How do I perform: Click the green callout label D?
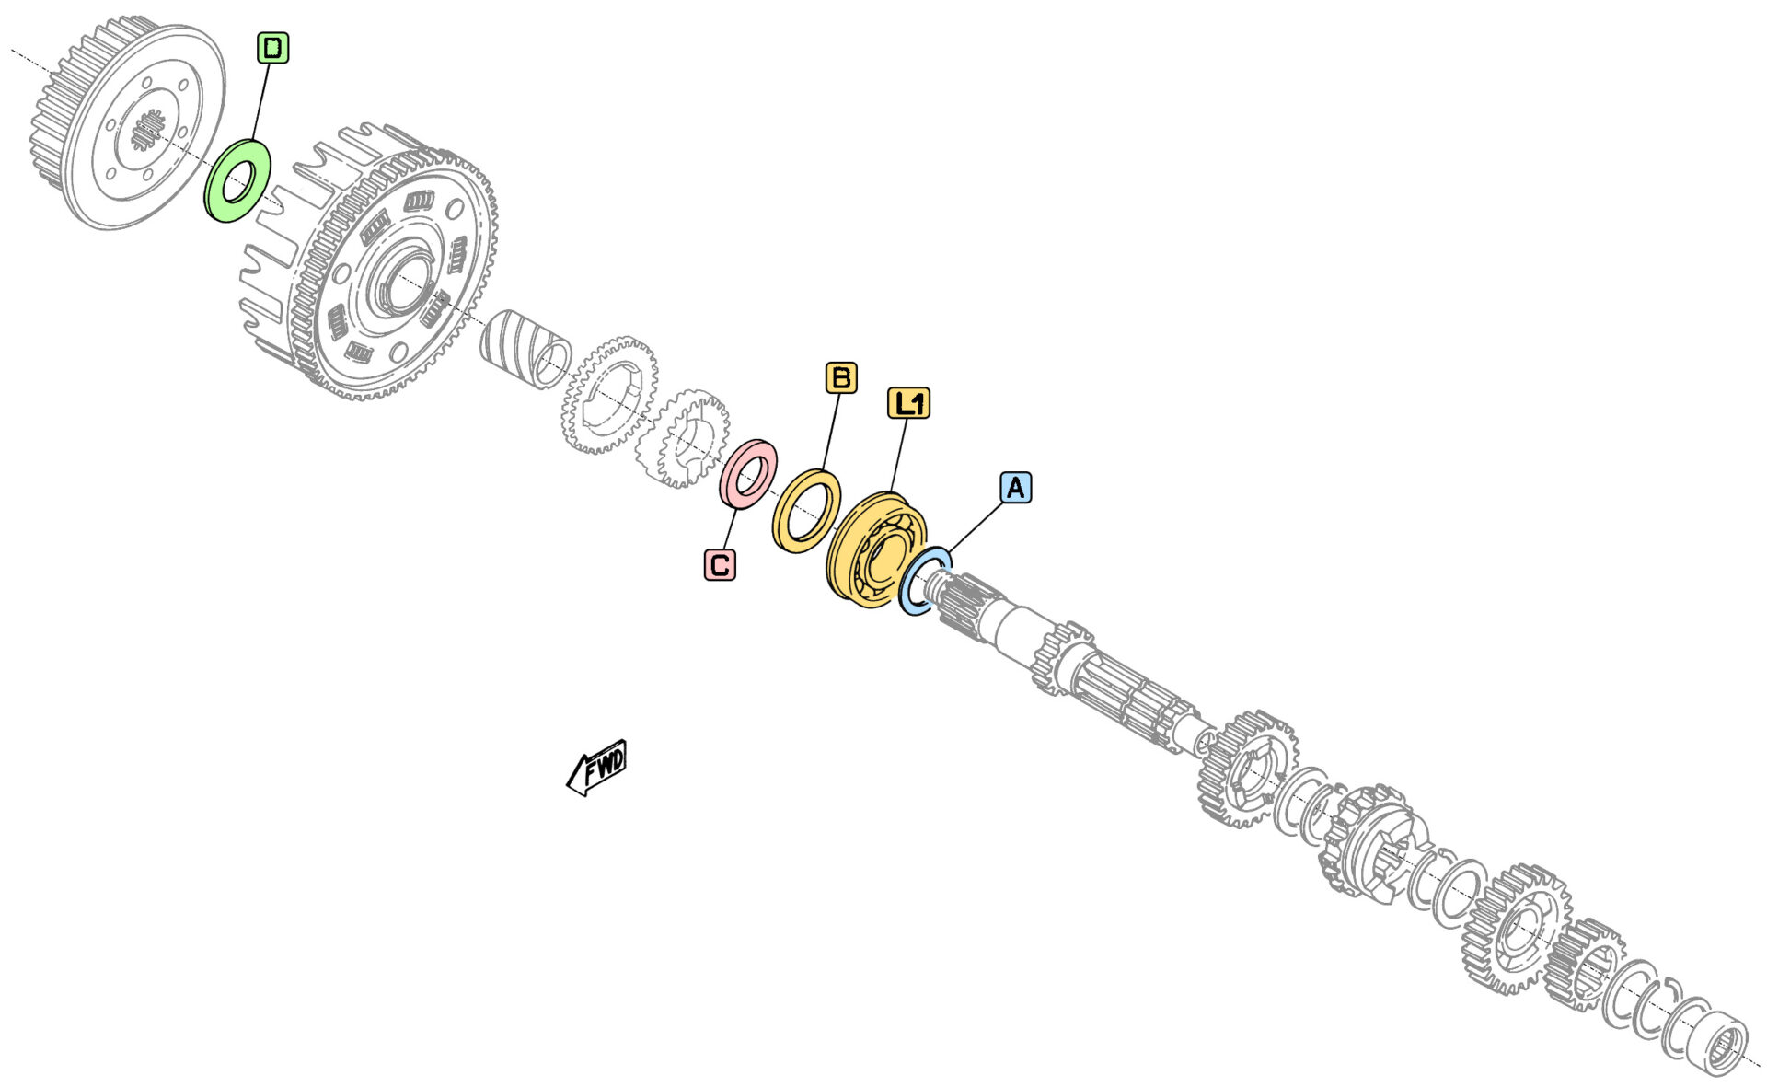pyautogui.click(x=272, y=48)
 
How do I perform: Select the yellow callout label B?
pyautogui.click(x=840, y=377)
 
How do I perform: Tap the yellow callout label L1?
pyautogui.click(x=908, y=403)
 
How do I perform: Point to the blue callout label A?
pyautogui.click(x=1016, y=487)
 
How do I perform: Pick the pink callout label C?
pyautogui.click(x=720, y=564)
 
